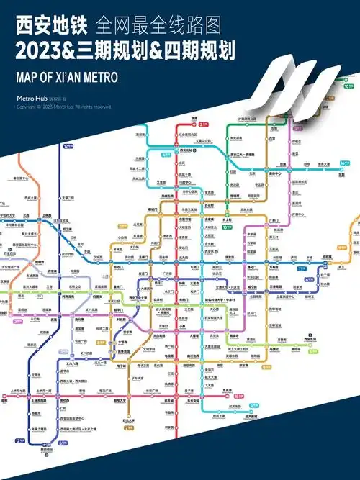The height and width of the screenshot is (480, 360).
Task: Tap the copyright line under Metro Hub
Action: click(64, 107)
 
